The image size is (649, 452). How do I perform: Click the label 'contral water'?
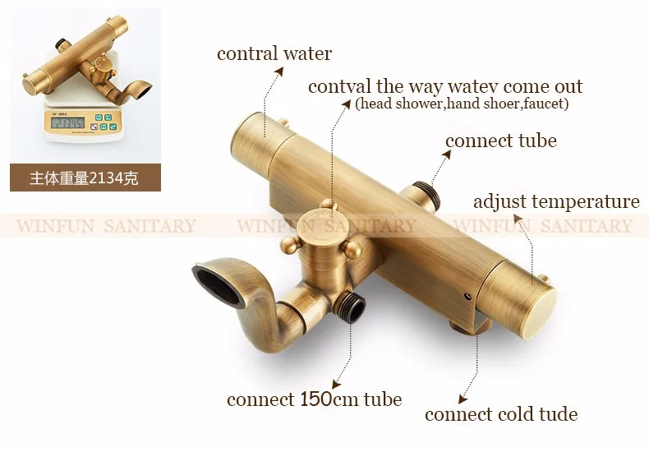[274, 53]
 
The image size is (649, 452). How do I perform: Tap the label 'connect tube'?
[501, 141]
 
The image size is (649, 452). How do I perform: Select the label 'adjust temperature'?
[556, 202]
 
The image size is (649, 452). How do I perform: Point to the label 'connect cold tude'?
[501, 414]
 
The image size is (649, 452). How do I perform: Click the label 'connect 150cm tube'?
[314, 399]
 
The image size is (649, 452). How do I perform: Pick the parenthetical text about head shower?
[462, 103]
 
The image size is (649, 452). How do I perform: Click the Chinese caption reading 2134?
[84, 178]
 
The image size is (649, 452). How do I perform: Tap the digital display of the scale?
[67, 122]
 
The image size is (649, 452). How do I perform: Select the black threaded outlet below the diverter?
[352, 307]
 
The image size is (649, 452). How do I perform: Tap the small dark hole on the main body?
[467, 297]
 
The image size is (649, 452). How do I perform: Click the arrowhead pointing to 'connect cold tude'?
[463, 399]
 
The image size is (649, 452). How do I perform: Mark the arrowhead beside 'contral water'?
[279, 71]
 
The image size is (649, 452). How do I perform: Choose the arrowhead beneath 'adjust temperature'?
[518, 218]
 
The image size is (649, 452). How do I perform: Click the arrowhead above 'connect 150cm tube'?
[336, 384]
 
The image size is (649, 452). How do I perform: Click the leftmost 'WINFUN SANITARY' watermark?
[106, 226]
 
